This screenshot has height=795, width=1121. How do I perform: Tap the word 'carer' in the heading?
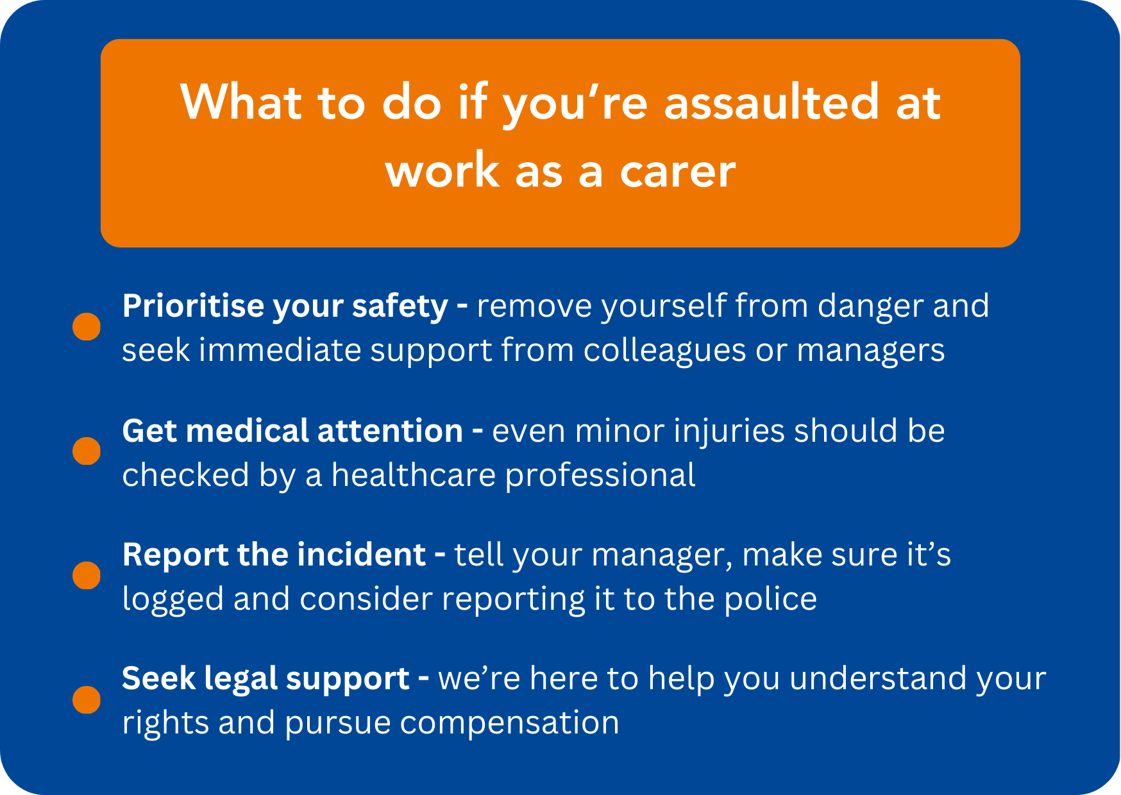click(678, 172)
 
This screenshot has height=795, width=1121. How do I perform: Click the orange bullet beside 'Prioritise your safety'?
click(87, 326)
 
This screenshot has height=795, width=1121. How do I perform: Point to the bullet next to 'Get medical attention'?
click(87, 451)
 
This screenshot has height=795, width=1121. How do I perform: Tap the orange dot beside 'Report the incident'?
click(87, 575)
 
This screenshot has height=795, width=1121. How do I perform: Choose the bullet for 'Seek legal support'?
click(87, 699)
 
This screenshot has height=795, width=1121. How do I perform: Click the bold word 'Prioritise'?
click(192, 305)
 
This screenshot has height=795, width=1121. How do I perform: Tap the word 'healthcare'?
click(414, 475)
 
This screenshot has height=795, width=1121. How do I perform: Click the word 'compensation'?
click(510, 723)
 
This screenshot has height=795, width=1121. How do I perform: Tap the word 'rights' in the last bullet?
click(165, 723)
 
